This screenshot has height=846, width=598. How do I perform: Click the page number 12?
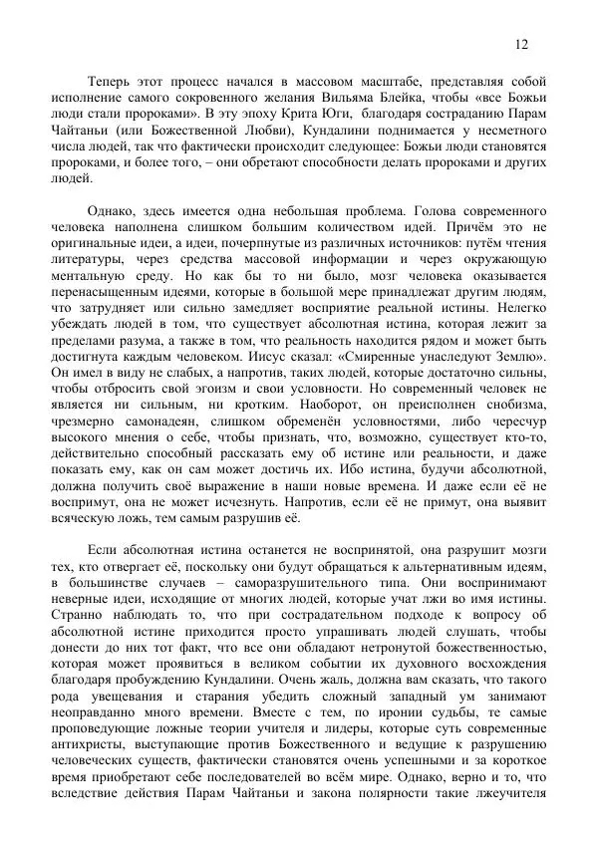tap(521, 44)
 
